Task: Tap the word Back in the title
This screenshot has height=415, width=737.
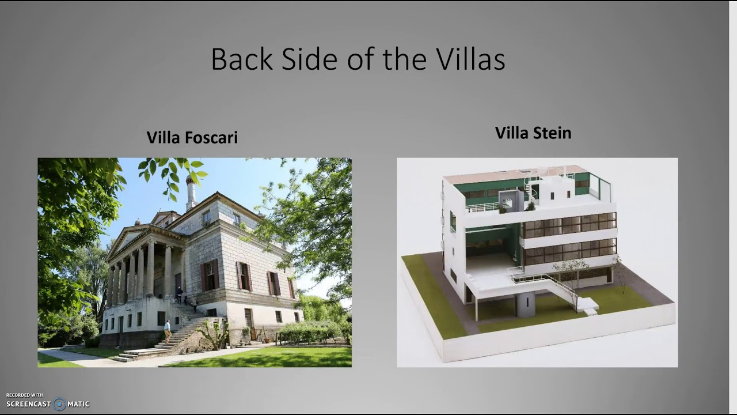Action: point(242,59)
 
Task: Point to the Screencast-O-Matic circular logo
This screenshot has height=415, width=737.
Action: point(59,404)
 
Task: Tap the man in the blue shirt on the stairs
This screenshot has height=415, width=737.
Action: point(168,331)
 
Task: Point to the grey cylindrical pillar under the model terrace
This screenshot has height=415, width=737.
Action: point(525,304)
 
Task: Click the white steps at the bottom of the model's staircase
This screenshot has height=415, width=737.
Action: point(588,305)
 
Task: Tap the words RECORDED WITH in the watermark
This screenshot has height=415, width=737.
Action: point(25,395)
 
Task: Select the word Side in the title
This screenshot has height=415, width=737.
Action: point(310,59)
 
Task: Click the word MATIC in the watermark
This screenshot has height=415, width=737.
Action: point(78,404)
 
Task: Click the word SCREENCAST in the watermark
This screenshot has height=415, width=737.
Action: point(29,404)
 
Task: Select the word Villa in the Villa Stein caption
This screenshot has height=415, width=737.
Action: point(511,133)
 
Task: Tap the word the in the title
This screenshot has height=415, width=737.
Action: point(405,59)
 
